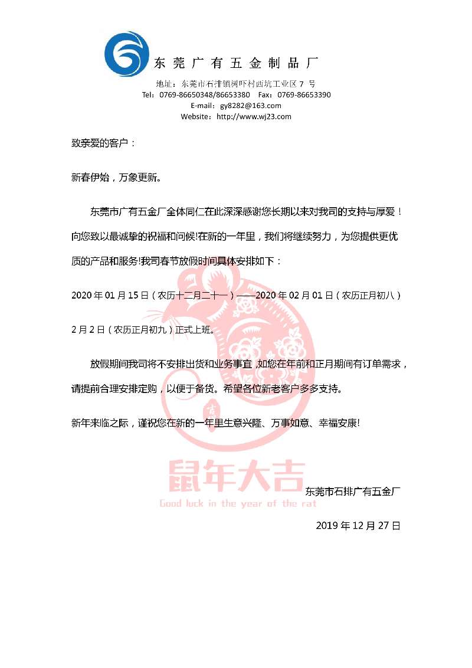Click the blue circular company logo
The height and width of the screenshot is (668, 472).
coord(126,55)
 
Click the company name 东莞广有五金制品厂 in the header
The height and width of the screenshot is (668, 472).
coord(236,63)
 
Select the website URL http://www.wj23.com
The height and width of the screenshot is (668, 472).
coord(254,117)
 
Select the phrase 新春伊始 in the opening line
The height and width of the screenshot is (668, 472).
coord(90,177)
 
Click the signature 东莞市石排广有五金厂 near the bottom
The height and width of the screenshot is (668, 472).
coord(353,490)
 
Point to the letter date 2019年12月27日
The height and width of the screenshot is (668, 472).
coord(358,525)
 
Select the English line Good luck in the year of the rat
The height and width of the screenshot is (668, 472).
coord(238,503)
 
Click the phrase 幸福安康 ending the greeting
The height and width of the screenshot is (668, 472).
coord(339,423)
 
